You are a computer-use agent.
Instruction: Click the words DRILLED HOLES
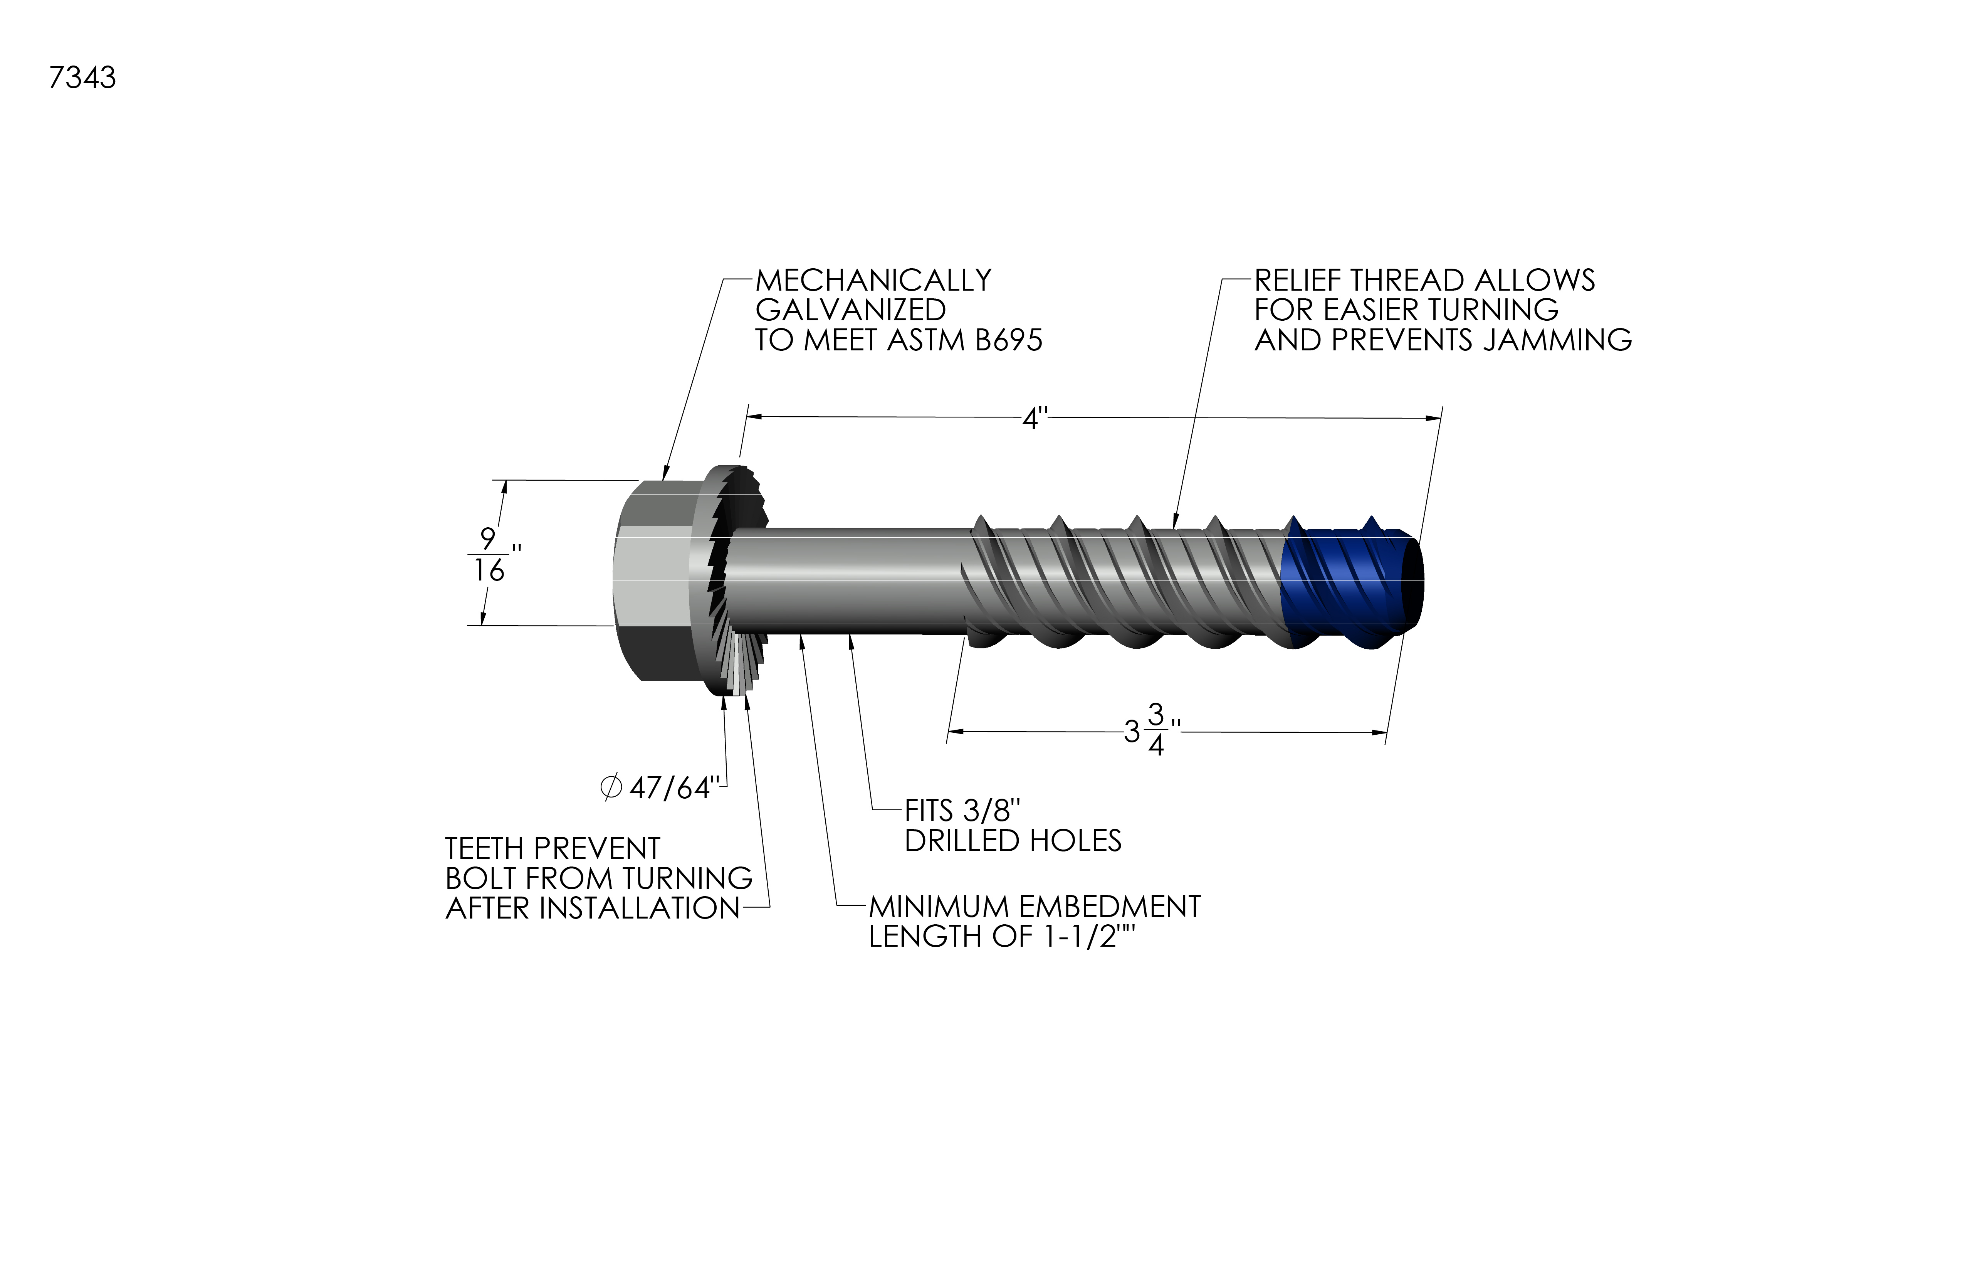1013,841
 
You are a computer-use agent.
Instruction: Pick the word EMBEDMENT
1110,907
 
